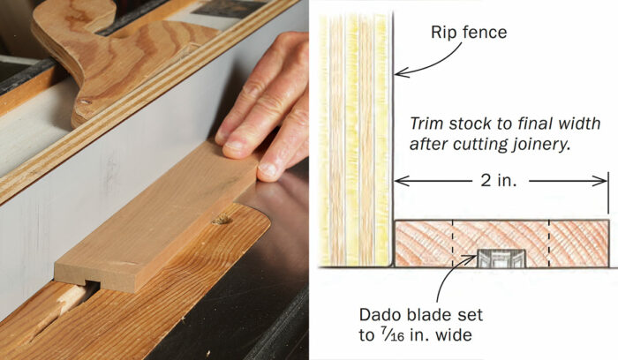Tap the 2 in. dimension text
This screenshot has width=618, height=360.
499,181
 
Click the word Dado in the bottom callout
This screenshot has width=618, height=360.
380,313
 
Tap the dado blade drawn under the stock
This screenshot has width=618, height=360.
501,258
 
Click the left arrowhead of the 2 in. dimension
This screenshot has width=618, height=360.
399,181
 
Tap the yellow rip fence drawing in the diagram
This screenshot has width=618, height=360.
353,132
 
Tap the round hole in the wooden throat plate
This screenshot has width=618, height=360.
222,218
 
